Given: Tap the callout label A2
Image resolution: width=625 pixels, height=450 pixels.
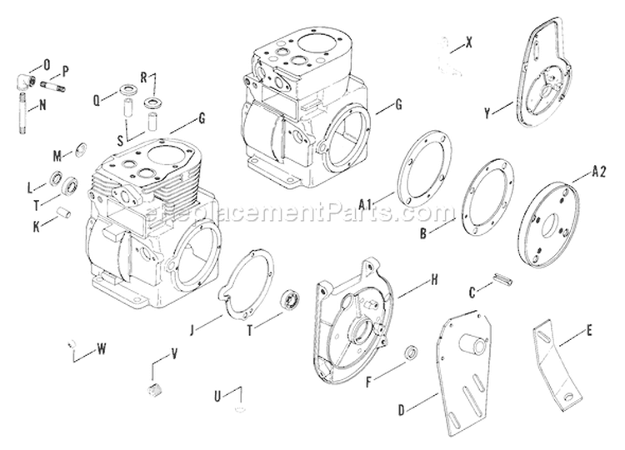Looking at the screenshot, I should (x=597, y=172).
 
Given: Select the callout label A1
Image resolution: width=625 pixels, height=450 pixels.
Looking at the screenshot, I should (x=364, y=202).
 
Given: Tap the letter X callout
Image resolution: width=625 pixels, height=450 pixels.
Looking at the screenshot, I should (x=469, y=41).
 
